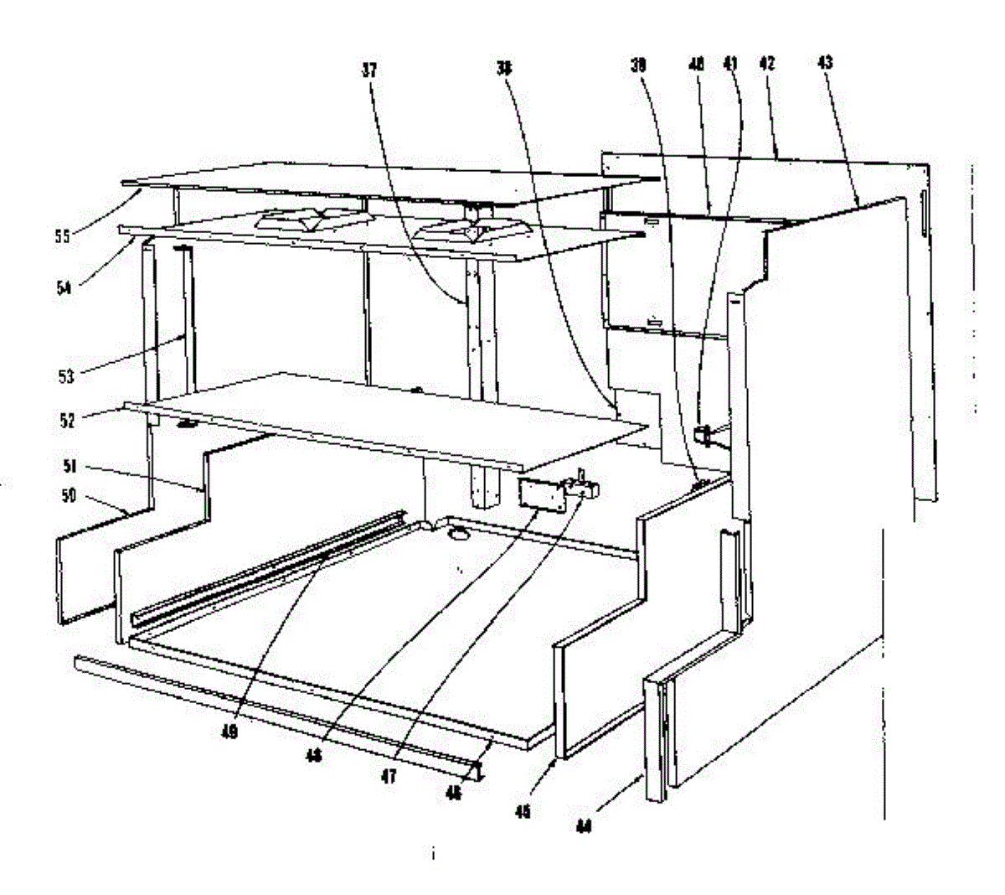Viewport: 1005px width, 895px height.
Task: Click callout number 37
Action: coord(369,71)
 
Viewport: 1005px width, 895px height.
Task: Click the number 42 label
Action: coord(767,63)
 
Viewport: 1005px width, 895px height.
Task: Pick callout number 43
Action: coord(824,63)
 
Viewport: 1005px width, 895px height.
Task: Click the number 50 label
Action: coord(68,495)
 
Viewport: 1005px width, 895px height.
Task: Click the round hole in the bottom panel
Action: coord(459,532)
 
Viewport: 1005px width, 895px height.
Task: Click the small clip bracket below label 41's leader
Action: coord(703,433)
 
